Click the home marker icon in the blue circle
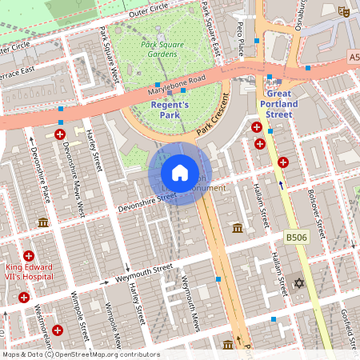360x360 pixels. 180,172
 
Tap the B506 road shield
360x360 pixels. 296,238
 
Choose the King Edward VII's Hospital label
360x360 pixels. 29,272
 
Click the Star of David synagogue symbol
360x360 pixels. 300,283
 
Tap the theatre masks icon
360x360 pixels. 344,12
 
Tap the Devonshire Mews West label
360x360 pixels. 73,181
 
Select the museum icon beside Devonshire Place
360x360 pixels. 43,222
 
